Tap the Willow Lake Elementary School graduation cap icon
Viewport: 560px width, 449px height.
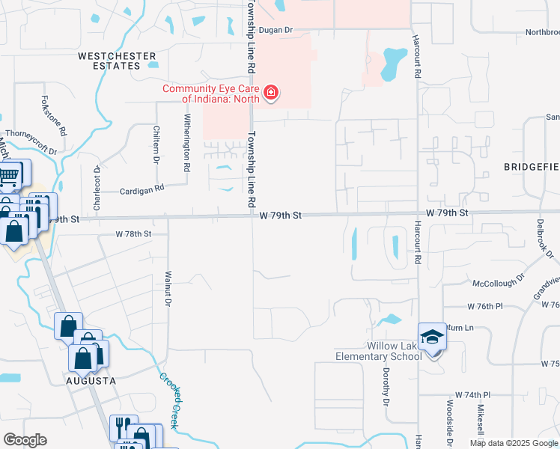point(432,337)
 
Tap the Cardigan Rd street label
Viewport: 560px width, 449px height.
point(142,189)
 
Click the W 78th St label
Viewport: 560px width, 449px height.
point(133,234)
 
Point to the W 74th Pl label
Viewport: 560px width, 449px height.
point(472,394)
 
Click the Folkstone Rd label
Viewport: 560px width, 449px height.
point(55,114)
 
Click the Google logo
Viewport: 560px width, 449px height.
point(25,440)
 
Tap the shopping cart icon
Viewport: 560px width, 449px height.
point(9,177)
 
